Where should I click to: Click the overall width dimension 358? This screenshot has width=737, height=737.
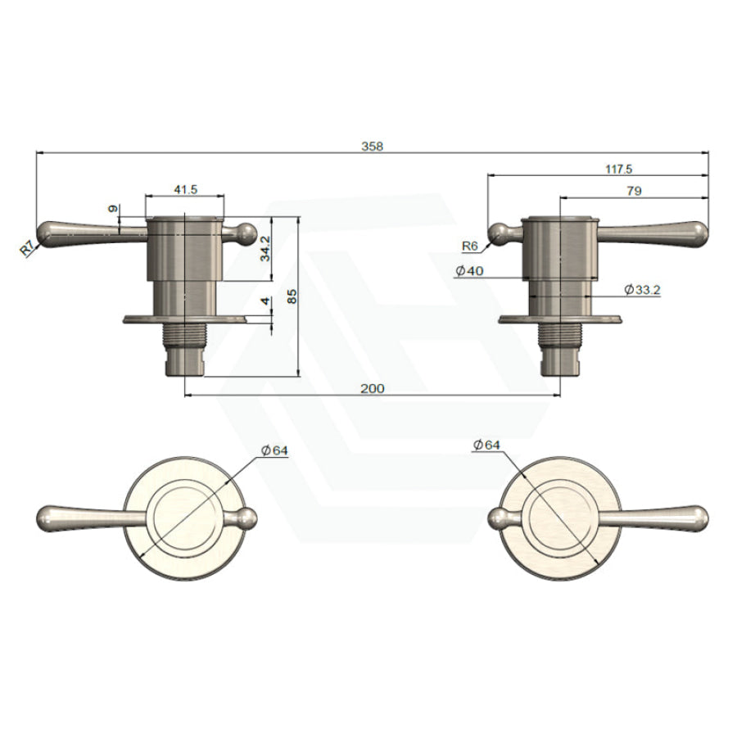tap(372, 146)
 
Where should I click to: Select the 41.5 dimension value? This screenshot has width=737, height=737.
tap(185, 189)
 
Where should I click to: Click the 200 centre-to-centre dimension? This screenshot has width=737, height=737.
tap(373, 388)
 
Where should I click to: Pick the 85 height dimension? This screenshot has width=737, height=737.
tap(292, 299)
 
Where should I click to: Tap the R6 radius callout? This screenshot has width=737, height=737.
tap(469, 245)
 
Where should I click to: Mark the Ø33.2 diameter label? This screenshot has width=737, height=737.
tap(641, 289)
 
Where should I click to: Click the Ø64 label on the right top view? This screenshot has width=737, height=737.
tap(486, 444)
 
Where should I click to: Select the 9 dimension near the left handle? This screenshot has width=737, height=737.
tap(113, 210)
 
